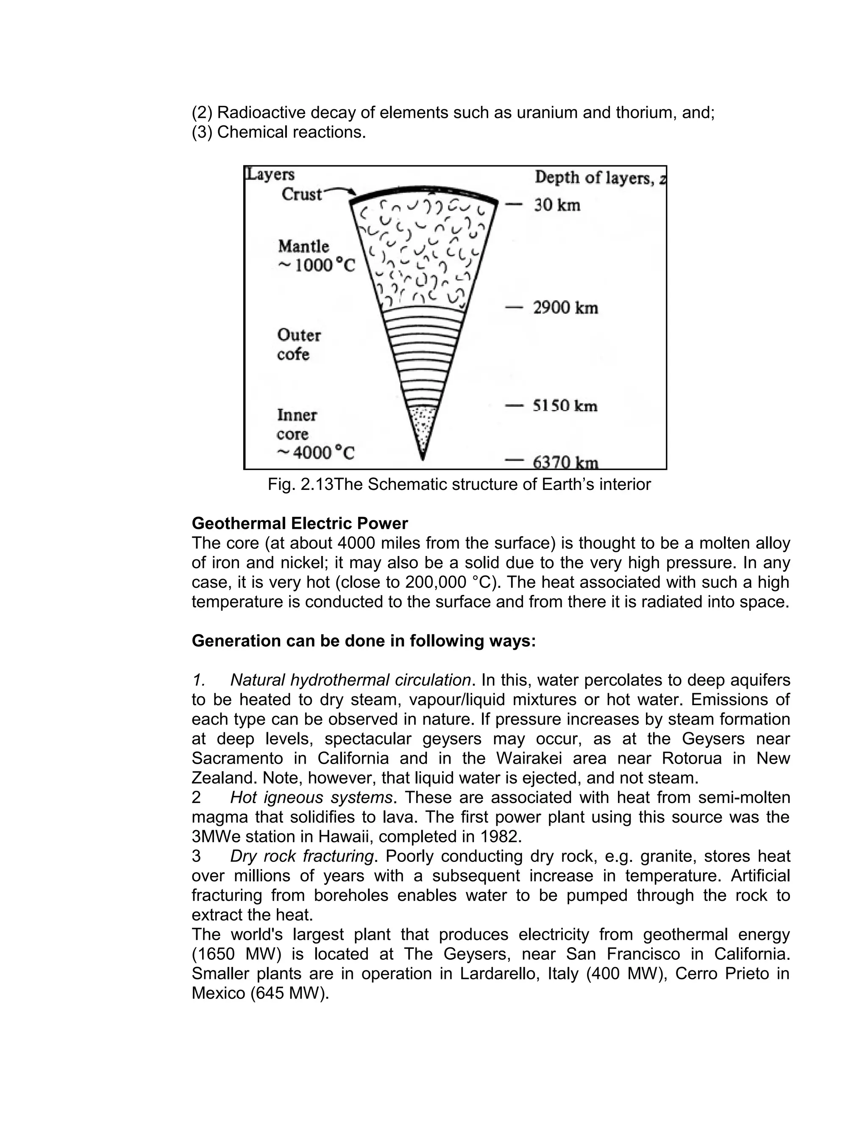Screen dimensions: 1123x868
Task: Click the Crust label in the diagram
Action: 301,195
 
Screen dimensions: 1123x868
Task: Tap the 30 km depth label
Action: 557,205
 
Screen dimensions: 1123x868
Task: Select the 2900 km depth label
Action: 565,308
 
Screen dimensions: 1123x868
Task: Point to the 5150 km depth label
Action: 565,406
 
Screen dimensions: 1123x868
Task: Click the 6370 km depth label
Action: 565,462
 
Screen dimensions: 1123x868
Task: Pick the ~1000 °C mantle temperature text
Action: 316,265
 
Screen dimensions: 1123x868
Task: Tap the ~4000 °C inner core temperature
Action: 316,453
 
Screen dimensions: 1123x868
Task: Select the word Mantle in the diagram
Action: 303,246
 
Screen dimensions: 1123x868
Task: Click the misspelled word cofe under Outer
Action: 293,354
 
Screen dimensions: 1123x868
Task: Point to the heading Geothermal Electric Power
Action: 299,523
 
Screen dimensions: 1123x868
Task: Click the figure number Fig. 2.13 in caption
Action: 300,484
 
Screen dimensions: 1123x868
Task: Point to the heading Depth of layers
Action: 594,178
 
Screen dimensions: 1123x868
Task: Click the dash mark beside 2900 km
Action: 514,308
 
